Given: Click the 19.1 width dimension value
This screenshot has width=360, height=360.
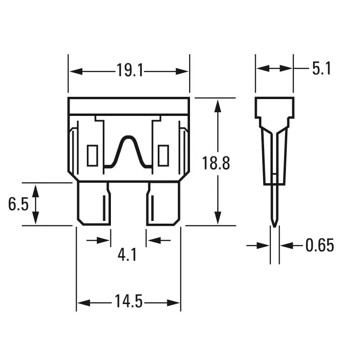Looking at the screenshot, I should tap(129, 71).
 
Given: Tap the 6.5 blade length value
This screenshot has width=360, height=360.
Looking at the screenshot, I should tap(18, 205).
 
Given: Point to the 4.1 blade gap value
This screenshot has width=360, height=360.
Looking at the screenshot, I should tap(127, 255).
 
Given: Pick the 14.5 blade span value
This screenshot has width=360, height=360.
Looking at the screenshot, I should tap(129, 302).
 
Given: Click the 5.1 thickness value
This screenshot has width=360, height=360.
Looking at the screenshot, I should tap(321, 69).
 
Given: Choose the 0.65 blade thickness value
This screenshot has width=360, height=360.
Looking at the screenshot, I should tap(320, 246).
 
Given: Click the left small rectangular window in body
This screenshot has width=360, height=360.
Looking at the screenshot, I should tap(92, 155).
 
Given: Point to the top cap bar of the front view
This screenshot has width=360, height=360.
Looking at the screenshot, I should tap(129, 105).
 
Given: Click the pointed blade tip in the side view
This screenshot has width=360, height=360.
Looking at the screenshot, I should tap(274, 223).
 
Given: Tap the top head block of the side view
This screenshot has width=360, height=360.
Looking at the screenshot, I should tap(274, 108).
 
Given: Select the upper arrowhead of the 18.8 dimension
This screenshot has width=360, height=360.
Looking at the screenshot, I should tap(219, 106).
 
